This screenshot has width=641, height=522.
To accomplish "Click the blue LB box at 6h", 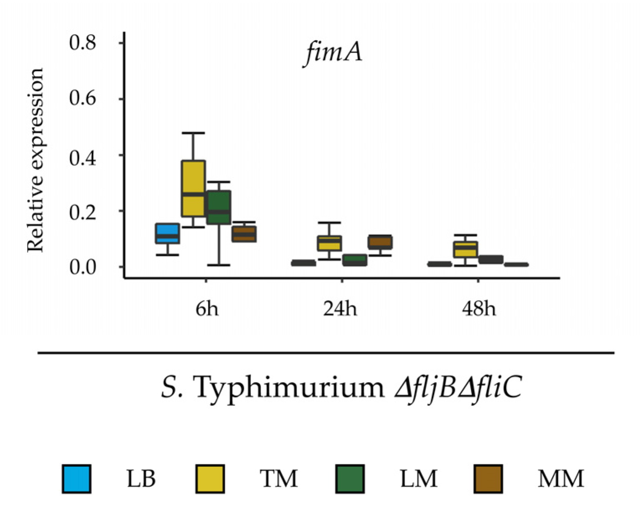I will (x=168, y=233).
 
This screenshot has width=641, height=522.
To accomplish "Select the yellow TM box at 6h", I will (x=193, y=188).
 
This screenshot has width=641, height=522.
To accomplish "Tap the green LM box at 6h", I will (x=219, y=207).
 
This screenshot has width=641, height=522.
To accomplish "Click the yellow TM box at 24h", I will (x=329, y=243).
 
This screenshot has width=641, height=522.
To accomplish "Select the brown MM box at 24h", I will (x=380, y=242).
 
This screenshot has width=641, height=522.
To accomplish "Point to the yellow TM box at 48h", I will (x=465, y=249).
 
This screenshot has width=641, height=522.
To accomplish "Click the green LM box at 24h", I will (x=354, y=260).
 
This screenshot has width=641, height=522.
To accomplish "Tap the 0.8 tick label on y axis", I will (x=83, y=43).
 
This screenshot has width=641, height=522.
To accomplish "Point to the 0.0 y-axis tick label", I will (x=83, y=267).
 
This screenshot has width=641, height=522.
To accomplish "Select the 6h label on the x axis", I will (x=207, y=309).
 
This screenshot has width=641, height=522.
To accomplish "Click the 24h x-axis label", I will (x=340, y=309).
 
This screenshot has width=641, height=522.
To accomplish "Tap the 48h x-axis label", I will (x=479, y=309).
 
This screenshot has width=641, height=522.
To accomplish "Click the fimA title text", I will (x=333, y=53).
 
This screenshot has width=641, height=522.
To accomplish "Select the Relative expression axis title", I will (x=35, y=160).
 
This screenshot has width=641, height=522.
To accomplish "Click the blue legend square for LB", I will (x=76, y=478).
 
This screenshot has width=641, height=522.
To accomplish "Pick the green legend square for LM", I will (x=350, y=478).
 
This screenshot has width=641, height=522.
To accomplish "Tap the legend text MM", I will (x=561, y=478).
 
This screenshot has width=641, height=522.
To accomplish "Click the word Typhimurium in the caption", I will (x=289, y=387).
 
